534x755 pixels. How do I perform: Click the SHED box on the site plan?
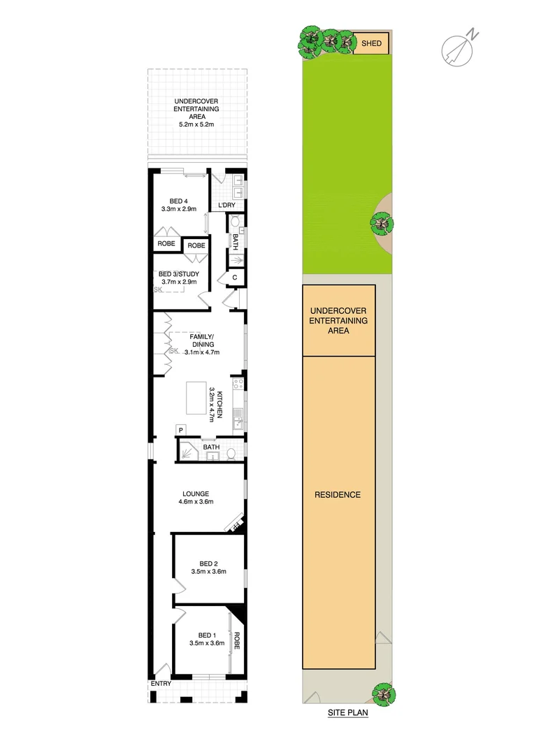point(371,43)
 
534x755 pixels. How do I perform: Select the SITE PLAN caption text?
point(348,714)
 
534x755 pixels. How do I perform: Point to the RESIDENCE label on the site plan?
point(338,495)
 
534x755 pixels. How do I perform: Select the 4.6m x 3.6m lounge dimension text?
point(196,502)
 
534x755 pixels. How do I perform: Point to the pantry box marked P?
point(180,429)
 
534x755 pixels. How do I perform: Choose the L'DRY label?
point(226,205)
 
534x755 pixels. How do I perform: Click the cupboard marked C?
point(235,278)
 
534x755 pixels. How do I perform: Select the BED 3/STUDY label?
point(178,274)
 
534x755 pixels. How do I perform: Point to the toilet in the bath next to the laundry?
point(236,222)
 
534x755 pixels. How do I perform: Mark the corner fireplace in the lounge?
point(236,523)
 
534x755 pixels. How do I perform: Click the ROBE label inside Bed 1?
point(237,642)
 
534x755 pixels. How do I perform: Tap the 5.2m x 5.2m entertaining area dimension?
point(196,124)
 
